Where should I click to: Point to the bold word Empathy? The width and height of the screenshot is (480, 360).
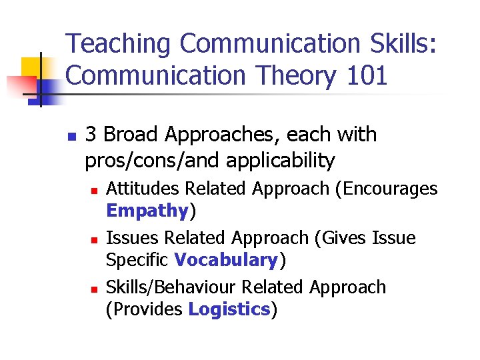point(147,211)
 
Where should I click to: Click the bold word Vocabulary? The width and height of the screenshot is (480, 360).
point(225,260)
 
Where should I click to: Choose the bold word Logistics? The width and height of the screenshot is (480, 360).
point(229,309)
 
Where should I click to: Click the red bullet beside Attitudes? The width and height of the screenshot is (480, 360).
point(94,191)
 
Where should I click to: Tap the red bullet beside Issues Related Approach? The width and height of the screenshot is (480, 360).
point(94,239)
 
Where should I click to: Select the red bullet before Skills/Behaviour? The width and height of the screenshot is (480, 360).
point(94,289)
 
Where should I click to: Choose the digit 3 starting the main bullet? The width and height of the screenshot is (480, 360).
point(91,135)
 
